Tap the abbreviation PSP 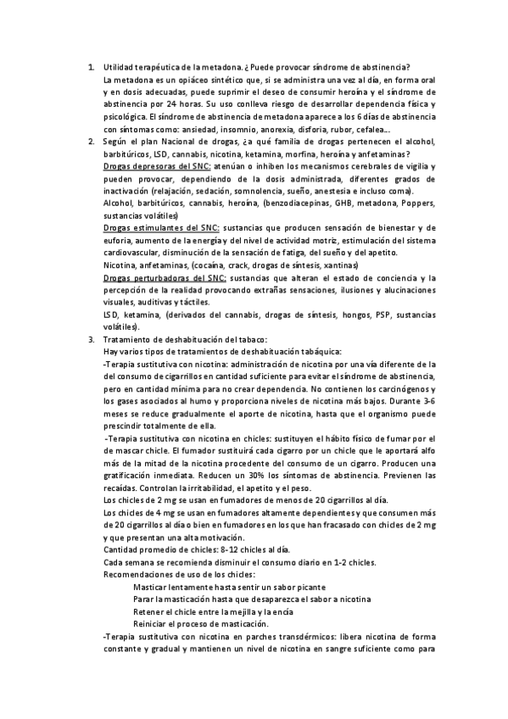point(351,315)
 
